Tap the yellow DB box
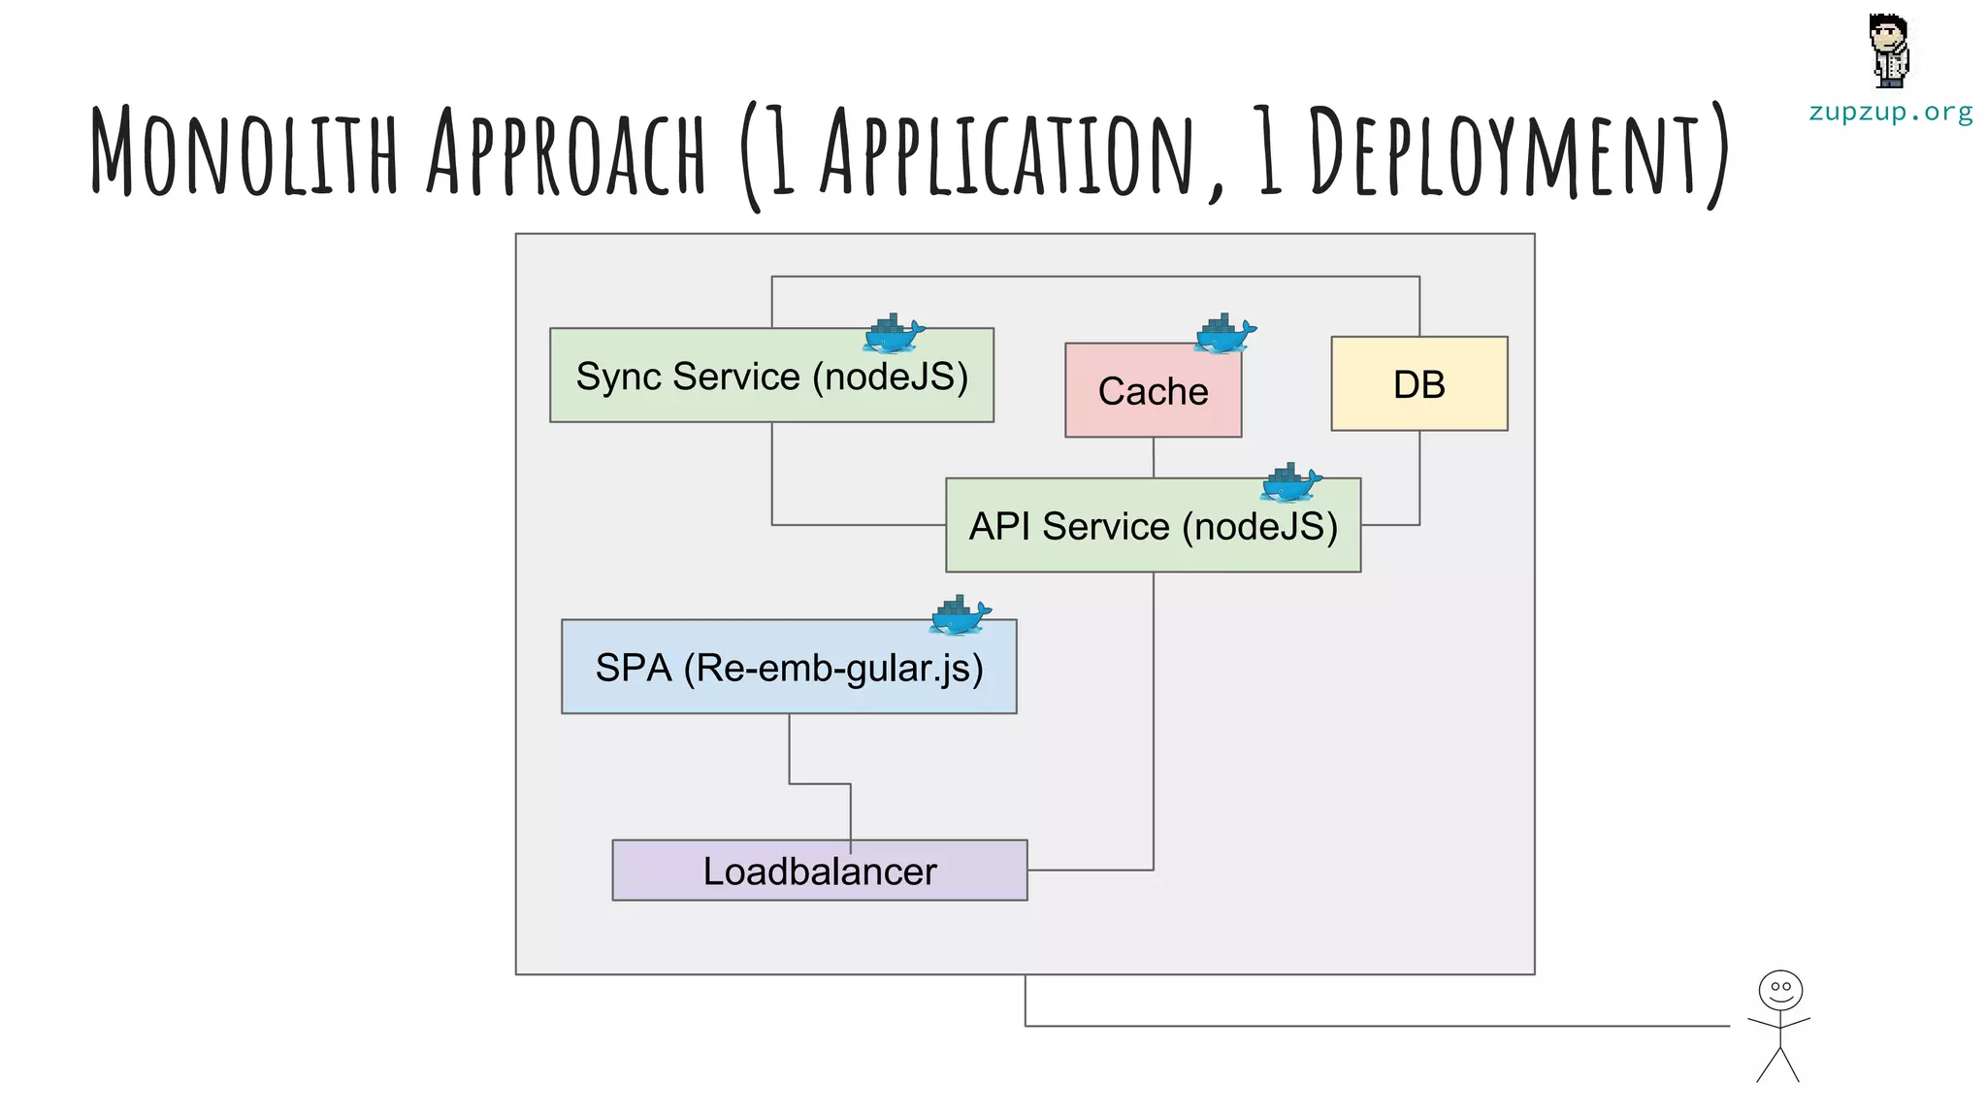(x=1418, y=384)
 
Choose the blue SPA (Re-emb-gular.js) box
(x=788, y=668)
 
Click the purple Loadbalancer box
(x=819, y=871)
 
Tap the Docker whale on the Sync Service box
(x=893, y=334)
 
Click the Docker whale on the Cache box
(x=1224, y=334)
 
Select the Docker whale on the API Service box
(x=1290, y=482)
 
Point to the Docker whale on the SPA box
(x=961, y=615)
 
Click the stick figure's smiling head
(x=1780, y=991)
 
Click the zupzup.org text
(x=1890, y=113)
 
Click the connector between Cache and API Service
(x=1153, y=457)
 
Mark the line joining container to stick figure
(x=1358, y=1025)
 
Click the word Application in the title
(x=1009, y=152)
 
